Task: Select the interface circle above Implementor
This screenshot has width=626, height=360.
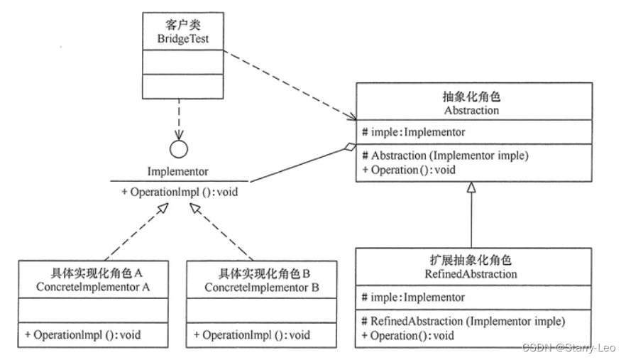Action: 180,150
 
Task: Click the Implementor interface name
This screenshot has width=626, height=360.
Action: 179,172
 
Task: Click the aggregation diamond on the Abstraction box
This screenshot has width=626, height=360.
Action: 347,147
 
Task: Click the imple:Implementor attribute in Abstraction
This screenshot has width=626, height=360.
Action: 413,133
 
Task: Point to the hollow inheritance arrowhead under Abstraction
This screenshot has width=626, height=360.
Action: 472,187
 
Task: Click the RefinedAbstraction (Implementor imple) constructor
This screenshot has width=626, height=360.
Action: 463,321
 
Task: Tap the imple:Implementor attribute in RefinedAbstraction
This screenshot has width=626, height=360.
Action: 413,298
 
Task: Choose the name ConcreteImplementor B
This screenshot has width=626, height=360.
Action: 262,288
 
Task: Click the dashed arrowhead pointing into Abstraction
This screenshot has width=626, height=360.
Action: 351,117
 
